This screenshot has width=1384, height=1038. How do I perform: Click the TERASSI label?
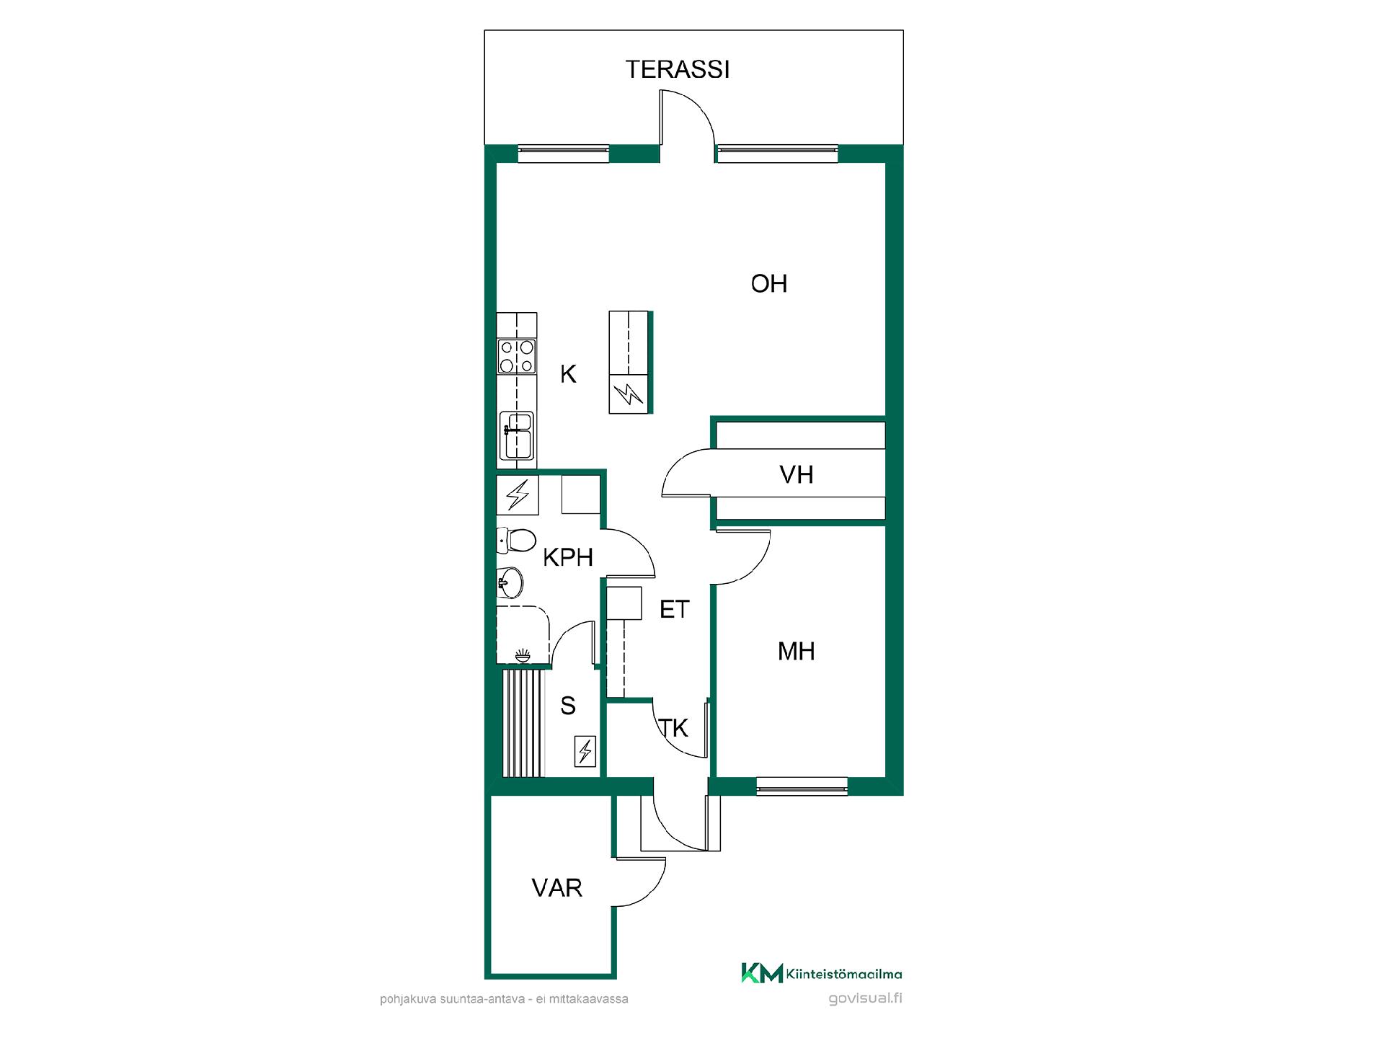coord(678,69)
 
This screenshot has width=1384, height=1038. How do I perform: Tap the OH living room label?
coord(769,283)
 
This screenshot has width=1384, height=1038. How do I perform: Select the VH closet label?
coord(797,474)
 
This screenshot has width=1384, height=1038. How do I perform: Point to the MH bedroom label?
coord(797,651)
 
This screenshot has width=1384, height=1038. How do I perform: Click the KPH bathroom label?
coord(568,557)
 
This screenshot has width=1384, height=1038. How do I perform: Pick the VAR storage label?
coord(557,887)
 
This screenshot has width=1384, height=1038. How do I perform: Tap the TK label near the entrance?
coord(674,728)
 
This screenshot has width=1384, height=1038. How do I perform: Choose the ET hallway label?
coord(675,609)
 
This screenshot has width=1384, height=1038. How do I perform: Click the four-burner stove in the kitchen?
coord(517,357)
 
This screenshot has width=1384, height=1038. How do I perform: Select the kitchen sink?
coord(517,435)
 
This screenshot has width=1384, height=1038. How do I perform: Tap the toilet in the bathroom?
coord(516,540)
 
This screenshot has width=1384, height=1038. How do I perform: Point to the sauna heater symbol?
coord(585,751)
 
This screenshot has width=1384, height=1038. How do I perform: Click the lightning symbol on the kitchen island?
coord(629,394)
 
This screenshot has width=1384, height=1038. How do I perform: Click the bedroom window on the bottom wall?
coord(802,786)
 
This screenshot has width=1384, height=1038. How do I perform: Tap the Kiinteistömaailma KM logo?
coord(822,974)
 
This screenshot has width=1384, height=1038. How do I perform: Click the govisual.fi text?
coord(866,998)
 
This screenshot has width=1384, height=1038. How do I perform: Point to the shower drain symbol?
coord(523,655)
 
